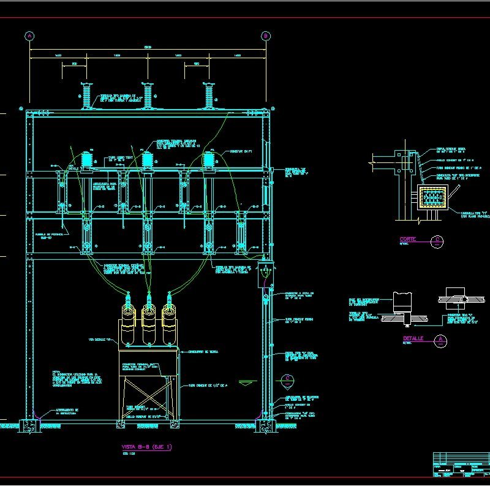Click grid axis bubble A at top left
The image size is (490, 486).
point(29,36)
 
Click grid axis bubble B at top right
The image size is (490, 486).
point(266,36)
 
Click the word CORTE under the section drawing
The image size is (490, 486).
point(408,240)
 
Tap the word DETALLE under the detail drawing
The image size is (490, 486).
point(413,338)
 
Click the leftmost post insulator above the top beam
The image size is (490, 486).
point(86,95)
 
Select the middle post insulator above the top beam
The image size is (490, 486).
point(148,95)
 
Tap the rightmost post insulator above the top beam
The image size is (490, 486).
point(209,95)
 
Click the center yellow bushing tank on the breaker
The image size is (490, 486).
point(148,325)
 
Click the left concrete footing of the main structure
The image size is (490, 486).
point(29,425)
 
